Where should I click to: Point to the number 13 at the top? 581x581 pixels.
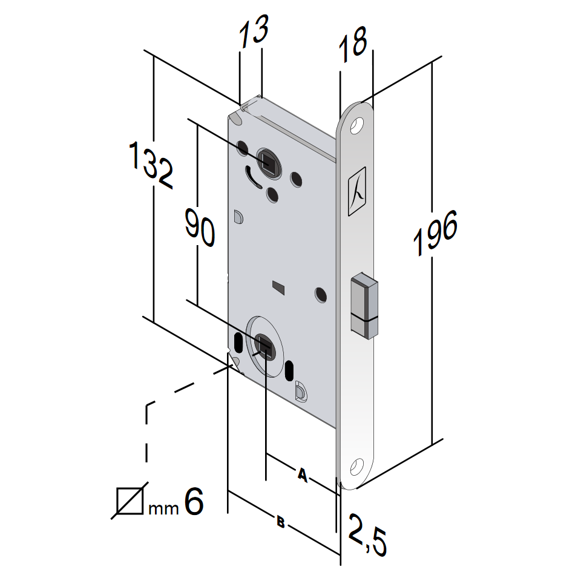point(254,34)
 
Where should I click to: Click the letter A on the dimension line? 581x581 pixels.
point(303,476)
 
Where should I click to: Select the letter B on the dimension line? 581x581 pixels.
point(280,522)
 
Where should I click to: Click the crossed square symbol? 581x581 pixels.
point(130,501)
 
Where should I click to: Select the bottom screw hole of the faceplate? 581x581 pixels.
point(357,468)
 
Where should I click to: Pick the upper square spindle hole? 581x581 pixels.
point(267,160)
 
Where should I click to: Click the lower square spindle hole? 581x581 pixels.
point(264,345)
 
